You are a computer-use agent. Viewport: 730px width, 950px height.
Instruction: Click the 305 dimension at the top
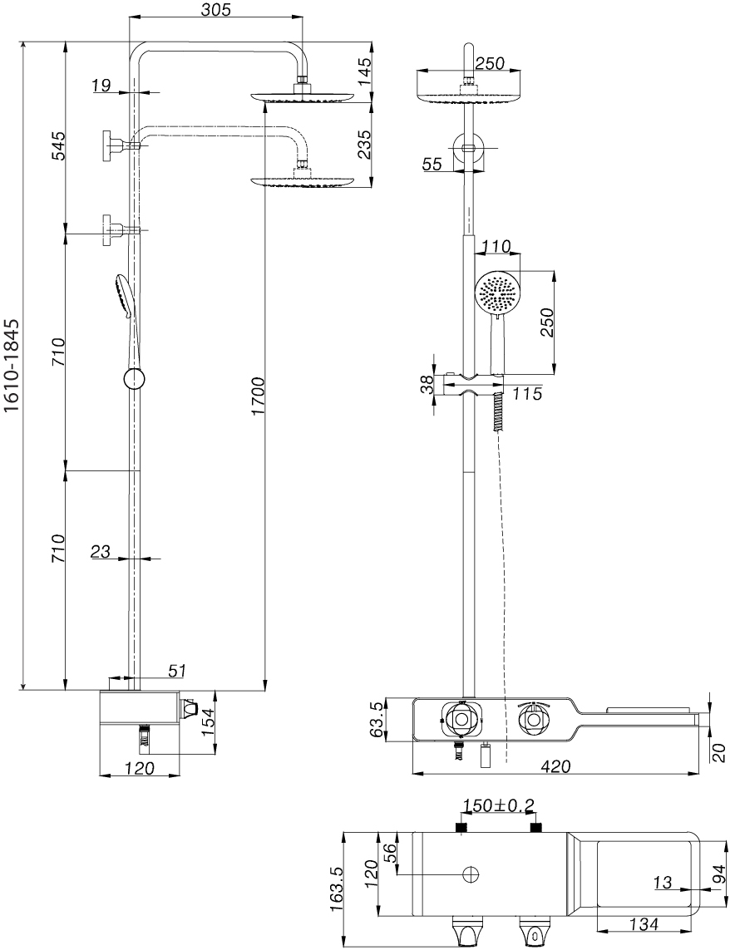[x=216, y=9]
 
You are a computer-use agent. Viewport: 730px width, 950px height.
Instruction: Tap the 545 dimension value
[x=57, y=145]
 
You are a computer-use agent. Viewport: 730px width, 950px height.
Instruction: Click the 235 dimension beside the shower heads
[x=363, y=144]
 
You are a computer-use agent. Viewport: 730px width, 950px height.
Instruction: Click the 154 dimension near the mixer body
[x=210, y=722]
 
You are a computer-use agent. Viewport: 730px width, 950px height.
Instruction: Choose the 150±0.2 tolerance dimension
[x=499, y=805]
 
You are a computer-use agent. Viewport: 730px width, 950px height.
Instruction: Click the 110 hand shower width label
[x=496, y=246]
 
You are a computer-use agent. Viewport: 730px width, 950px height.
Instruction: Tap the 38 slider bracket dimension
[x=426, y=384]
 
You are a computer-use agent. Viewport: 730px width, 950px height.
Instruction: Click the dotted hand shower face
[x=496, y=293]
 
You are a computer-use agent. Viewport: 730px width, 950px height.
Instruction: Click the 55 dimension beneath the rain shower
[x=432, y=165]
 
